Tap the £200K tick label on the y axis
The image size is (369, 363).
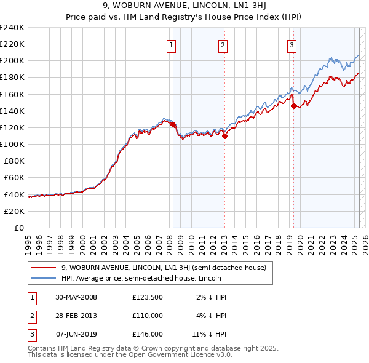[12, 61]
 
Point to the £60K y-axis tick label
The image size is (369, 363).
[14, 178]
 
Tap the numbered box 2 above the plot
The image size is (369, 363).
[222, 44]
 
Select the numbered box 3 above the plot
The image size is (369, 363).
[291, 44]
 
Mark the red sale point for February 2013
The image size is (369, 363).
[224, 136]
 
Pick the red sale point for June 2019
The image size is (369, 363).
[293, 106]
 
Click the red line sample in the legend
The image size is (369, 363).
[43, 268]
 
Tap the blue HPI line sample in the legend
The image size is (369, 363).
[43, 279]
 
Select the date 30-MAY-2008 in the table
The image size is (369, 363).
[76, 297]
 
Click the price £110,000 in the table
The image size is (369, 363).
[148, 316]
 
